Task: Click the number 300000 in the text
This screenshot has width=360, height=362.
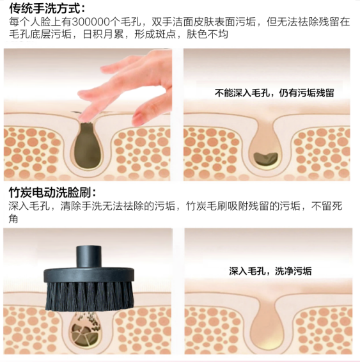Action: pos(91,22)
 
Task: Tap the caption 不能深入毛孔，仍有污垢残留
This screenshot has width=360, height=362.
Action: pos(274,93)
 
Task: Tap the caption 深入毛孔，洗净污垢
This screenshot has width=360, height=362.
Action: pos(270,271)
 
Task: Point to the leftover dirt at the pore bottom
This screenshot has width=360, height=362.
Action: pos(265,159)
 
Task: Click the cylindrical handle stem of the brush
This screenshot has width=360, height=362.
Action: pos(89,256)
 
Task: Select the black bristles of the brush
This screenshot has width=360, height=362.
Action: pos(90,296)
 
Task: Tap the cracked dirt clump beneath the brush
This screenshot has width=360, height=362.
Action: pos(86,333)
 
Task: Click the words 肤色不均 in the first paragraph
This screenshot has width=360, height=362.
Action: pos(207,35)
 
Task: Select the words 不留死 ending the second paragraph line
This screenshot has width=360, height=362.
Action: pos(327,206)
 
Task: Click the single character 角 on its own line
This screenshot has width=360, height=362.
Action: pos(13,218)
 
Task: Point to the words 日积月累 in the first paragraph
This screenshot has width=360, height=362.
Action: pos(103,35)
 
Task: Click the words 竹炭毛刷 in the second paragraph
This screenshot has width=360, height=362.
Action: pos(207,206)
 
